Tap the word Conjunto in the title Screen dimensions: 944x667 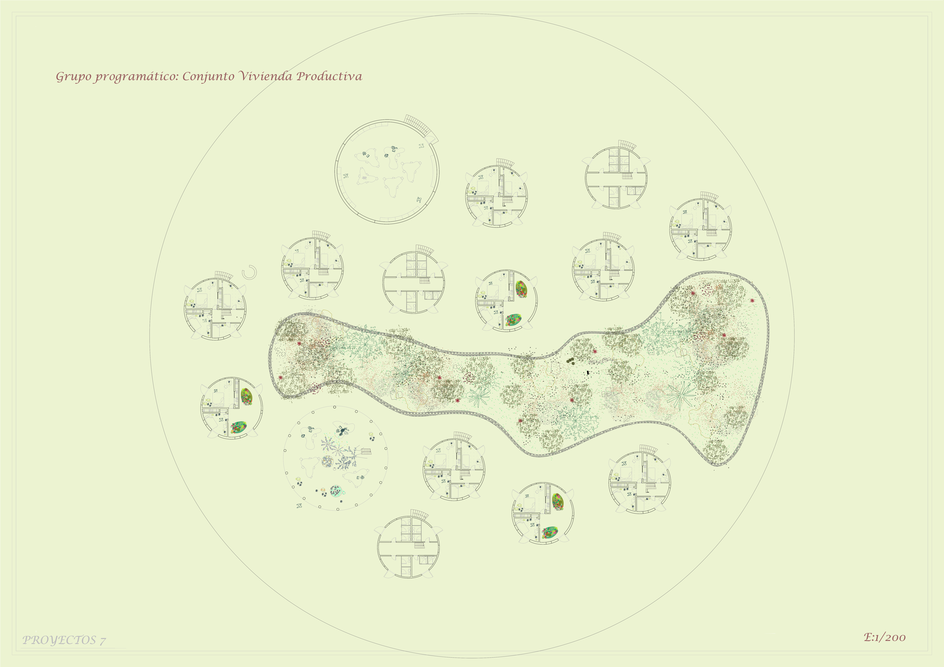point(208,77)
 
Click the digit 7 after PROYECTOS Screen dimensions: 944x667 point(103,641)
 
